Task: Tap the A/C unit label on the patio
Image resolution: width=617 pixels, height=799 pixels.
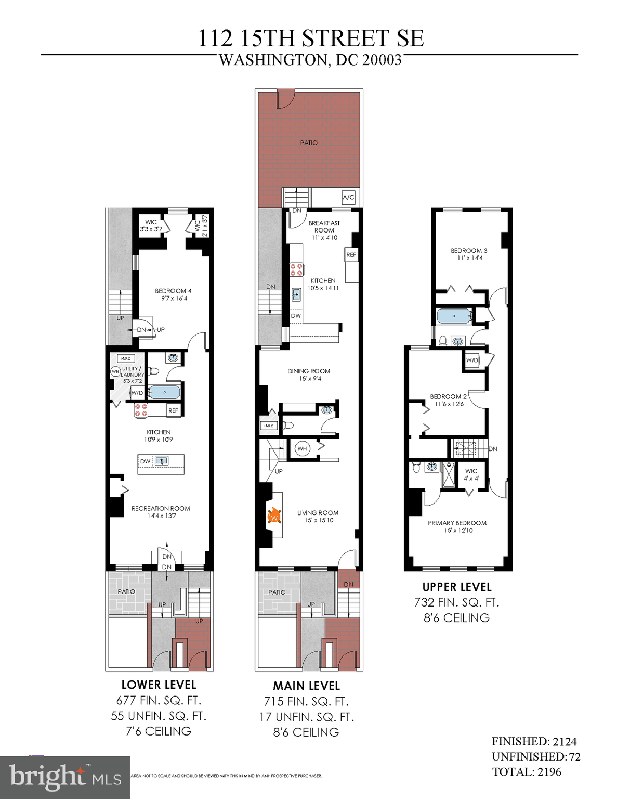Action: point(348,197)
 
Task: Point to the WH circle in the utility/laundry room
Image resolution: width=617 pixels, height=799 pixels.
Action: point(115,371)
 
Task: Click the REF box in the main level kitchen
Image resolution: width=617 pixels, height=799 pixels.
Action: point(351,255)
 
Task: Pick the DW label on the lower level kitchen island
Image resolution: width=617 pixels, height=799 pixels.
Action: point(145,461)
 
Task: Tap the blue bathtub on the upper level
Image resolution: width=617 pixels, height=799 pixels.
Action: point(454,316)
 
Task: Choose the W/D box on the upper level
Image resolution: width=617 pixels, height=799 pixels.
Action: point(472,360)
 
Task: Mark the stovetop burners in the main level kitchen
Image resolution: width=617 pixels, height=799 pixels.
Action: point(297,269)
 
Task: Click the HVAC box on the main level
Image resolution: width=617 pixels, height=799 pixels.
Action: point(269,426)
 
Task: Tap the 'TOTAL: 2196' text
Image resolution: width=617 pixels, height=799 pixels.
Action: point(527,772)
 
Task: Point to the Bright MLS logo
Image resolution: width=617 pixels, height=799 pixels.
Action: point(65,777)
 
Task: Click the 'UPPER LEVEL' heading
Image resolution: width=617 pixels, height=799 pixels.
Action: point(456,587)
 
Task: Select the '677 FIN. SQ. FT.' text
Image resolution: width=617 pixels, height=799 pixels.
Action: point(159,701)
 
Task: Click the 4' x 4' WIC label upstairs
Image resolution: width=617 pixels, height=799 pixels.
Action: point(471,474)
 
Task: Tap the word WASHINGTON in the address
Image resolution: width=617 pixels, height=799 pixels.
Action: point(273,60)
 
